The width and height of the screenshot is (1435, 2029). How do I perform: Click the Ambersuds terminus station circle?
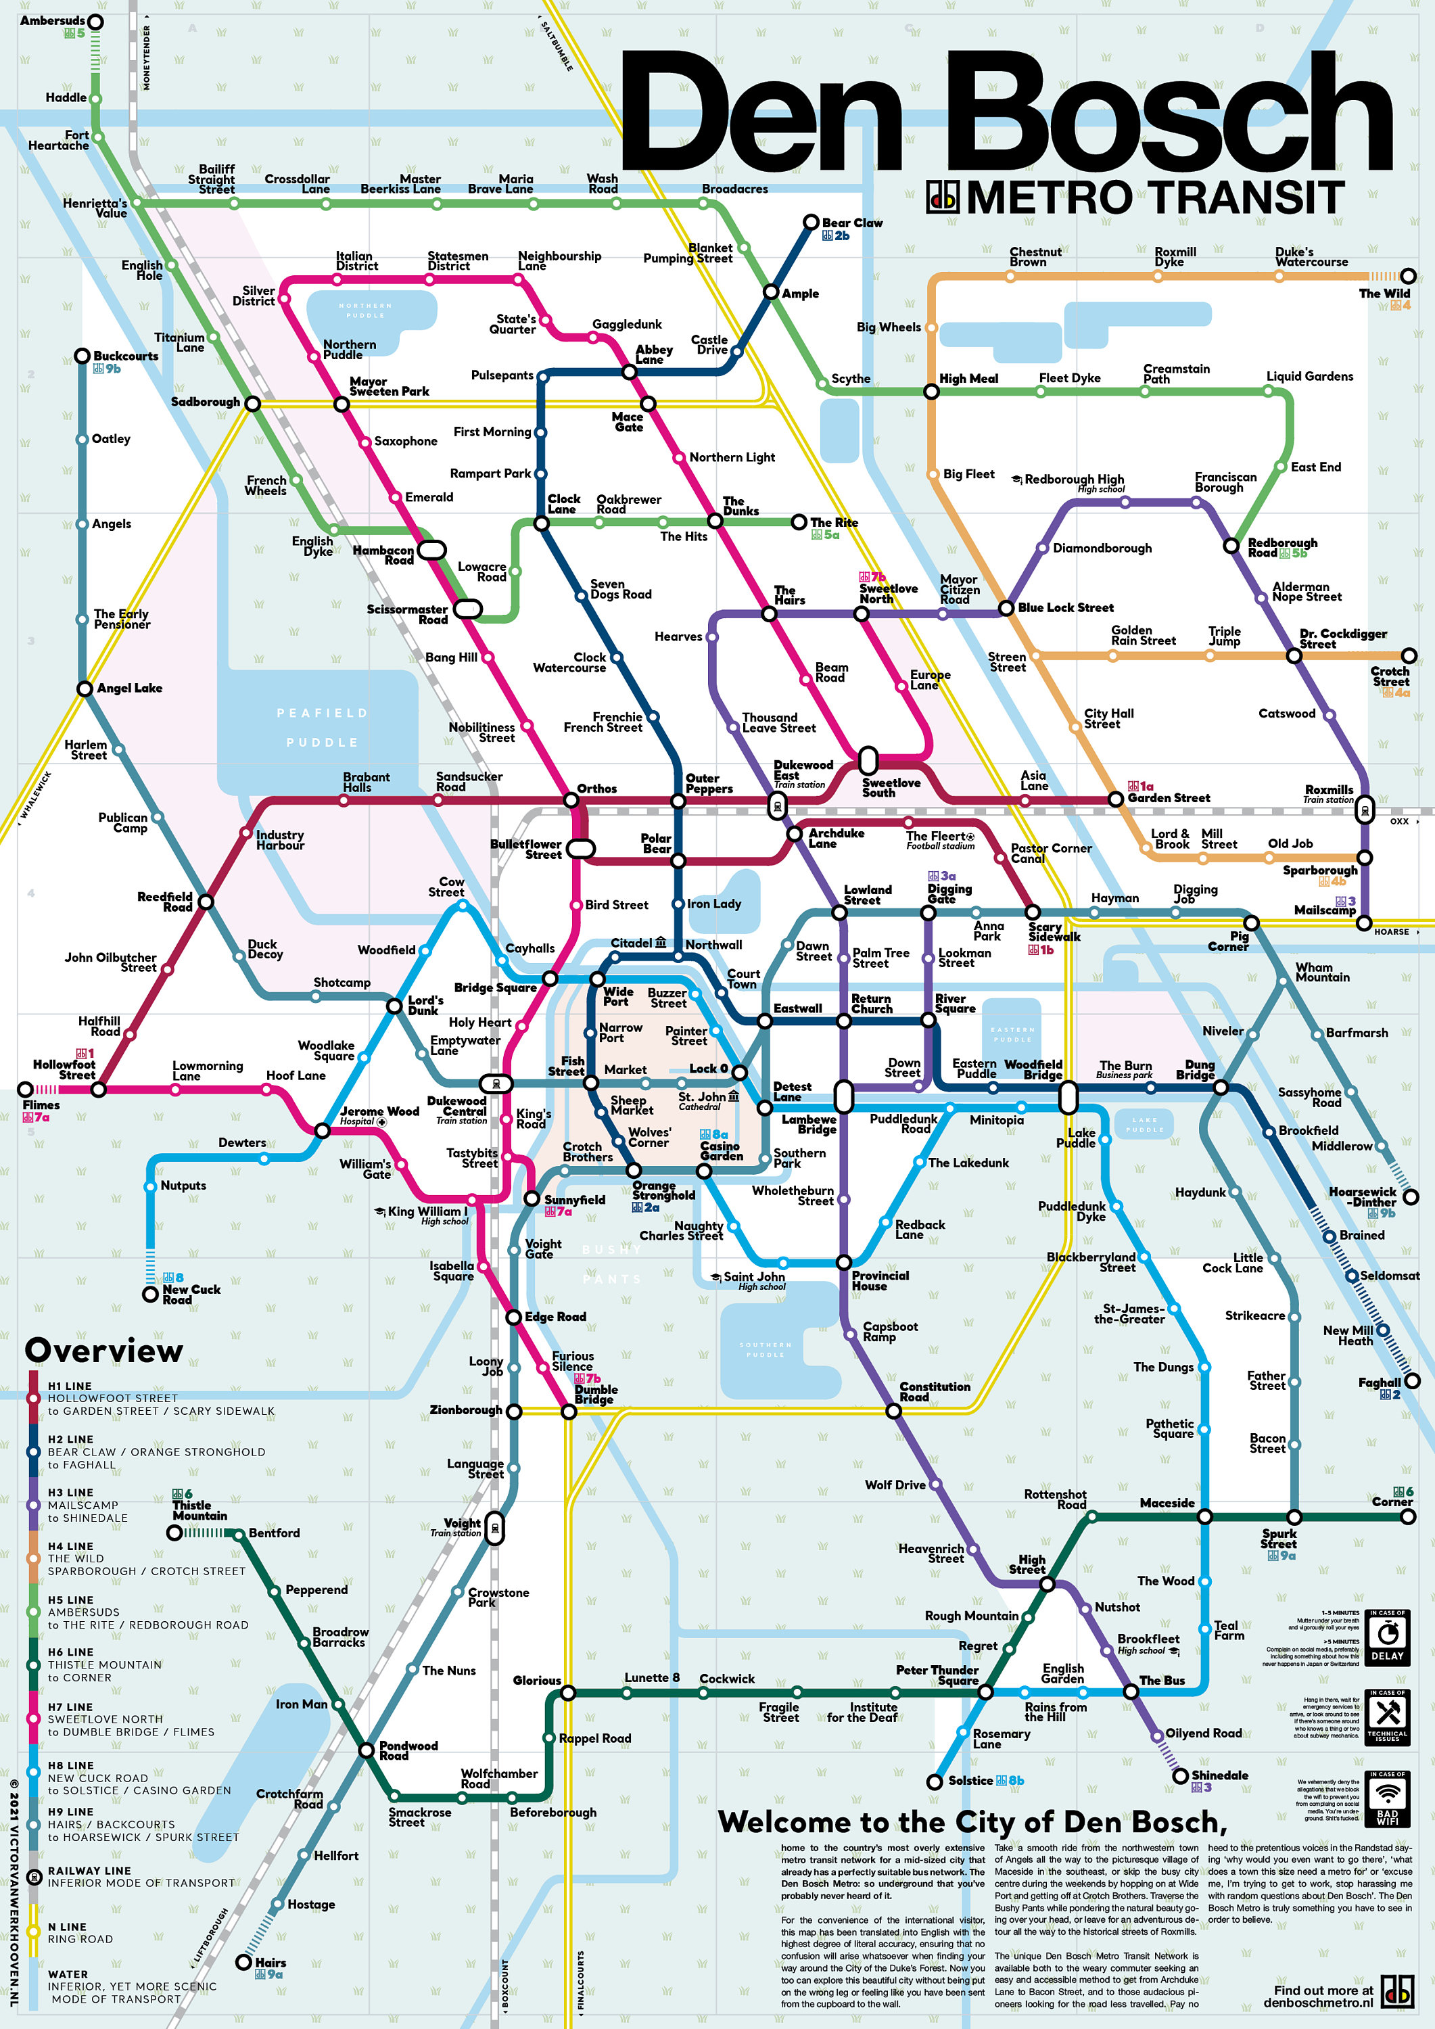(x=95, y=21)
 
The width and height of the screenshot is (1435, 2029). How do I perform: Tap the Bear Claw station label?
(x=852, y=223)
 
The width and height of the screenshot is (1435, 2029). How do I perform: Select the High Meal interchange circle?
(x=931, y=392)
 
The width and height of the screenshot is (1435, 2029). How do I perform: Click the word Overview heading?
(x=104, y=1351)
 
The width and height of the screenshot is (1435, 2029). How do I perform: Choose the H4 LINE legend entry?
(x=71, y=1547)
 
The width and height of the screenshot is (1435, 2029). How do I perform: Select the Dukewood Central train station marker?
(x=496, y=1083)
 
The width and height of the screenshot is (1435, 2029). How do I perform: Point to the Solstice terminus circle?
(x=934, y=1781)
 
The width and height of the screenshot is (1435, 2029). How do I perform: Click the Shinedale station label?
(x=1219, y=1775)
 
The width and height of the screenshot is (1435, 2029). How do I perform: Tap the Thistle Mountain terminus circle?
(x=175, y=1533)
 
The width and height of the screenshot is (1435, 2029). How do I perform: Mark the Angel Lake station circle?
(x=85, y=689)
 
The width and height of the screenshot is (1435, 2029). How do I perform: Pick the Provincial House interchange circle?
(x=844, y=1262)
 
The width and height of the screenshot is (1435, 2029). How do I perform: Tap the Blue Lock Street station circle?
(x=1006, y=608)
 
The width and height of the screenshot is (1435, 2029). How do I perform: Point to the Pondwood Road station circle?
(x=366, y=1750)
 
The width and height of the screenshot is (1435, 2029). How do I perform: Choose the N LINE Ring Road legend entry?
(x=80, y=1933)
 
